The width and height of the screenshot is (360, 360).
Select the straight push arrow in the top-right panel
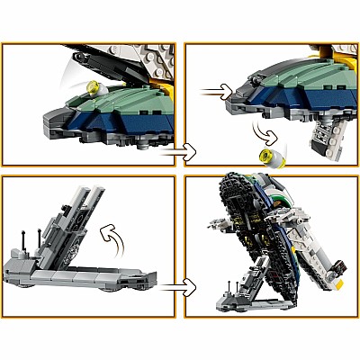(212, 90)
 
